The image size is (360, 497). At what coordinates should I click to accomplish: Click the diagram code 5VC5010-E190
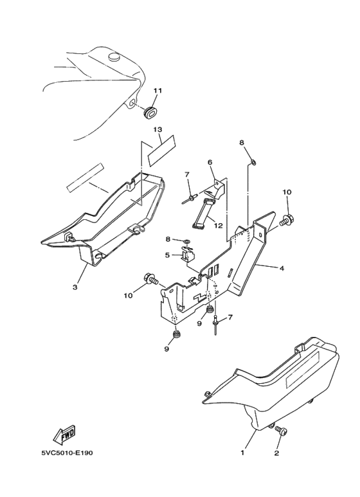[67, 453]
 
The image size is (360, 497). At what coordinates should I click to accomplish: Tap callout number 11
[157, 91]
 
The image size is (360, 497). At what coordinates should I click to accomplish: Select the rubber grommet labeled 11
[150, 113]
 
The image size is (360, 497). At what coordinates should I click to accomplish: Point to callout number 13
[157, 130]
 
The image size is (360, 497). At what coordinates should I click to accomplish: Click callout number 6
[210, 162]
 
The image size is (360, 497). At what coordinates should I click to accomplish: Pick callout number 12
[218, 226]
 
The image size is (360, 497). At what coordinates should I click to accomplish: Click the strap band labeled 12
[203, 213]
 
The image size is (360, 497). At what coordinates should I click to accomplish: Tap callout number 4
[282, 269]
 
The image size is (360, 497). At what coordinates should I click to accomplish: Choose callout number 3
[75, 287]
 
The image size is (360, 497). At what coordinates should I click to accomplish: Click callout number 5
[167, 255]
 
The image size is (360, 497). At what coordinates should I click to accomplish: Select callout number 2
[276, 453]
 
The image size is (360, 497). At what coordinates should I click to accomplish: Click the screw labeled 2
[281, 430]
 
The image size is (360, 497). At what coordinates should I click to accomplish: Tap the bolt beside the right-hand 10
[287, 220]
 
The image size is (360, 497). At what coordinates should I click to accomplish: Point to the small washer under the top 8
[253, 163]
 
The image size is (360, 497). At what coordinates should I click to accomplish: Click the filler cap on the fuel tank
[114, 57]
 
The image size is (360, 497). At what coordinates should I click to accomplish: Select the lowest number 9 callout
[166, 349]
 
